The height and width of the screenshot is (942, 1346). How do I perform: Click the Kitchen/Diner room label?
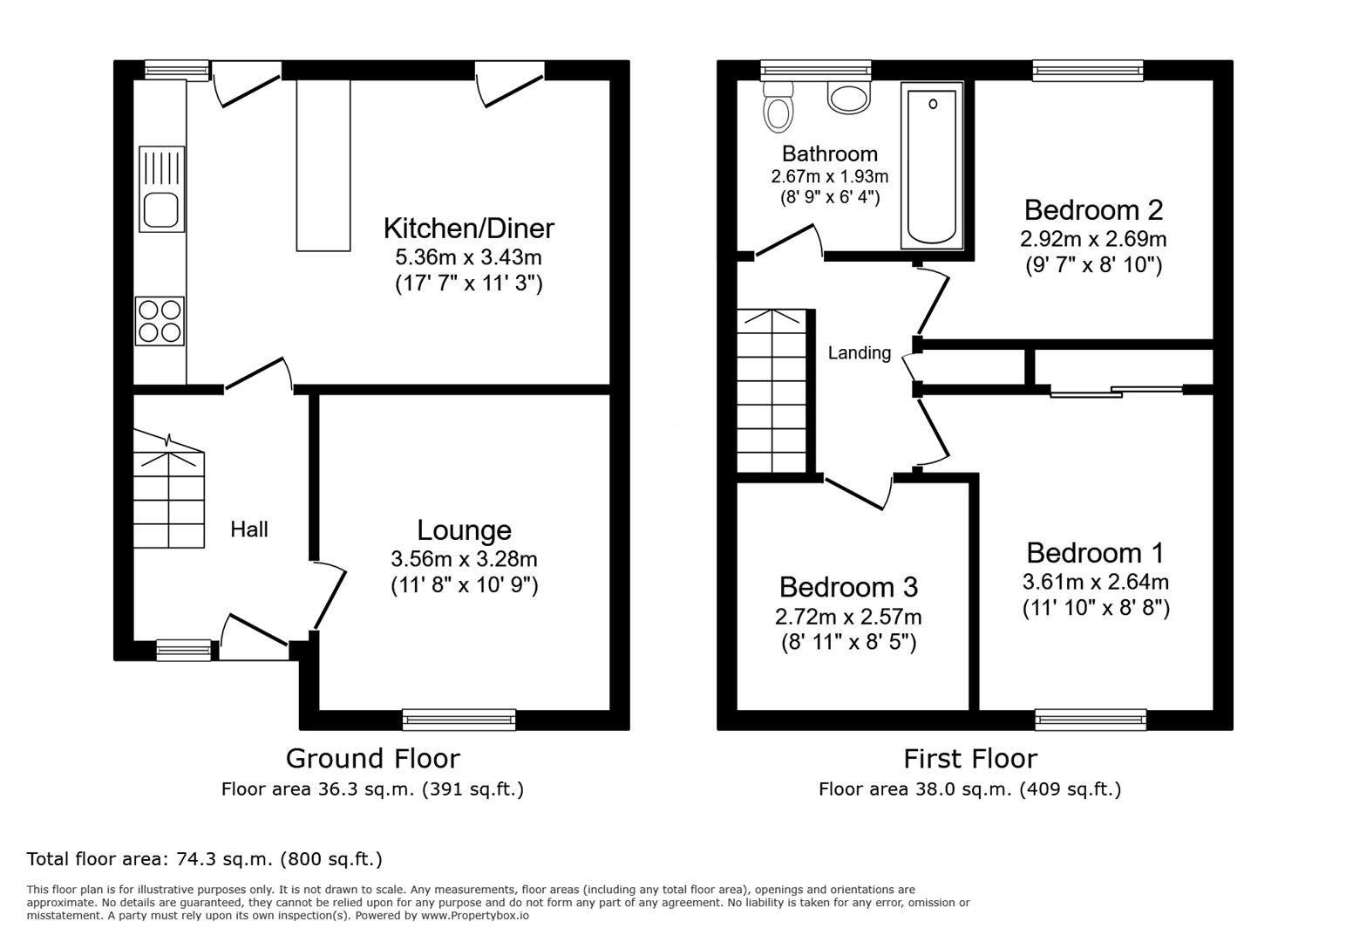[468, 229]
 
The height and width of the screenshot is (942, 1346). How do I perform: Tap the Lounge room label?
[464, 530]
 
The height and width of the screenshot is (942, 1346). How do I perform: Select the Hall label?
[248, 529]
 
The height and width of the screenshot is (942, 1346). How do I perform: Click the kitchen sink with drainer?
[162, 189]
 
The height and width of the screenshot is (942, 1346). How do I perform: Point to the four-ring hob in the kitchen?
[160, 321]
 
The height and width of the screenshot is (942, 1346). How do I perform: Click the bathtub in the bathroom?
[932, 166]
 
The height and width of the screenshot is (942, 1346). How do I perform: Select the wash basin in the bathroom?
[849, 97]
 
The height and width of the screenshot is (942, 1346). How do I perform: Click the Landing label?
[859, 353]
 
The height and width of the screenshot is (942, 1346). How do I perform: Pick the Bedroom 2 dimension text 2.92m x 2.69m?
[1093, 238]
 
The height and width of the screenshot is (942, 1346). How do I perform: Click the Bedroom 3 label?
[848, 586]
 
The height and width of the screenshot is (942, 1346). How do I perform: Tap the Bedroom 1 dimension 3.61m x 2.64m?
[1095, 582]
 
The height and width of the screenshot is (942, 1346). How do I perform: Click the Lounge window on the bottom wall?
[459, 720]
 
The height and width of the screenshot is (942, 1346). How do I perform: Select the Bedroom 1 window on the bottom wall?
[1090, 720]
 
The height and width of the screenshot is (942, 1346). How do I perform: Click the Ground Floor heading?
[372, 759]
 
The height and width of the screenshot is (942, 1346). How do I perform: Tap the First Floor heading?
[969, 759]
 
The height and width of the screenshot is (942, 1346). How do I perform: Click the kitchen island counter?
[323, 166]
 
